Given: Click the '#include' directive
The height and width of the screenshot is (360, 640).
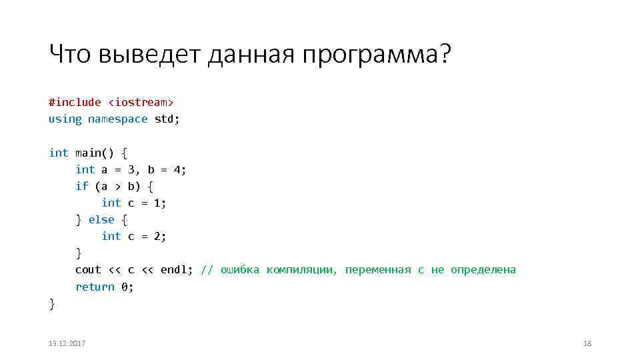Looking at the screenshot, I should [75, 102].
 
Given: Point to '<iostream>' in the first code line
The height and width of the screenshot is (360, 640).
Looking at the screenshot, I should [141, 102].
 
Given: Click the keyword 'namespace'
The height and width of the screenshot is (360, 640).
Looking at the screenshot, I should [117, 119].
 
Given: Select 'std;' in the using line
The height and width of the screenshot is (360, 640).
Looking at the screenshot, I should [167, 119].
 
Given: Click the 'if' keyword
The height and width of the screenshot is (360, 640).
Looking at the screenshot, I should [81, 186].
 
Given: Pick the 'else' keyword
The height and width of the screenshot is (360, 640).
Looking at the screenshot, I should [101, 219].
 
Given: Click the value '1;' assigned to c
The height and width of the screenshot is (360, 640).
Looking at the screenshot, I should [160, 203].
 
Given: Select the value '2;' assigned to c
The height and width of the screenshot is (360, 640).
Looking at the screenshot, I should [160, 236].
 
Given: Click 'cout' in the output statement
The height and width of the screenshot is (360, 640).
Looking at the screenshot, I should [88, 269].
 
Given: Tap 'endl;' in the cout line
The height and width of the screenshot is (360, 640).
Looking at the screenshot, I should [177, 269].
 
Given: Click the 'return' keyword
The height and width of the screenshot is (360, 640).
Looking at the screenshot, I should [95, 287].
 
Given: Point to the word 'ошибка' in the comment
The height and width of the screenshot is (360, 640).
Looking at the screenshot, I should [240, 269].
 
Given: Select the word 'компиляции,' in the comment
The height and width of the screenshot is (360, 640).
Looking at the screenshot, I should [302, 269].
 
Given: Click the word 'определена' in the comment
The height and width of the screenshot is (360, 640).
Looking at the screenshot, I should [483, 269].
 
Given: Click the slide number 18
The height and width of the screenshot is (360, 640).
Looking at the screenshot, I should [587, 343].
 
